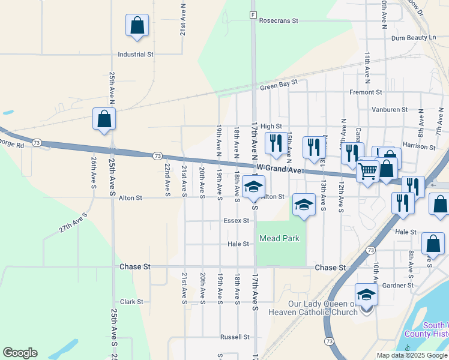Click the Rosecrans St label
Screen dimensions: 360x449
click(x=279, y=20)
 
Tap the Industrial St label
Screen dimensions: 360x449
click(x=136, y=55)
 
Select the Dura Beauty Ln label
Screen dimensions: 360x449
click(x=413, y=38)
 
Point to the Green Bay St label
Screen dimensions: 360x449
click(x=279, y=88)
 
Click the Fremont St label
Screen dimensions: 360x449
click(x=366, y=92)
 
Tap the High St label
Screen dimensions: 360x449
click(x=271, y=126)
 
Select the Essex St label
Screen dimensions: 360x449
click(x=236, y=220)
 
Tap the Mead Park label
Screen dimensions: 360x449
click(x=279, y=238)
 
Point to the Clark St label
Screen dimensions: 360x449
click(x=131, y=302)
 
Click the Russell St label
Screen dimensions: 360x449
click(x=234, y=337)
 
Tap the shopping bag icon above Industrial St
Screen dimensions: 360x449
click(x=137, y=26)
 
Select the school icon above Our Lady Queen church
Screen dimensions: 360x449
click(x=366, y=295)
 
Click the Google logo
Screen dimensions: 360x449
click(x=20, y=353)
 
